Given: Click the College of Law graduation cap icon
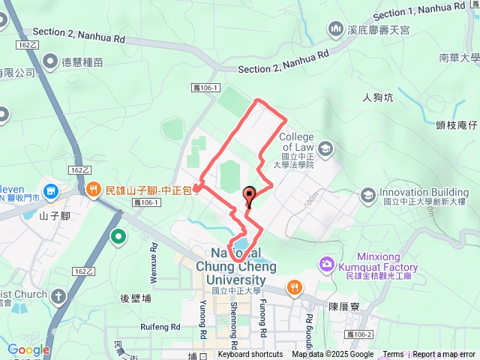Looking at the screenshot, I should point(325,149).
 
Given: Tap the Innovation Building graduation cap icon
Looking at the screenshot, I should point(367,196).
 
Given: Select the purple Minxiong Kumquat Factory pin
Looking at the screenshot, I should point(327,264).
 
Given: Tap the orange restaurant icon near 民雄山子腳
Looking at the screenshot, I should point(93,189).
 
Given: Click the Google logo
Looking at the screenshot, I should point(28,349).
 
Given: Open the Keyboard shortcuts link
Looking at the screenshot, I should point(250,355).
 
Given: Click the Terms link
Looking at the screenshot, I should point(393,355).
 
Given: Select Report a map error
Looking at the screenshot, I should point(445,355).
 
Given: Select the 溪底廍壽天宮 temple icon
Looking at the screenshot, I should point(335,28).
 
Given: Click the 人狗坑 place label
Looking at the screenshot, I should point(378,97).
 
